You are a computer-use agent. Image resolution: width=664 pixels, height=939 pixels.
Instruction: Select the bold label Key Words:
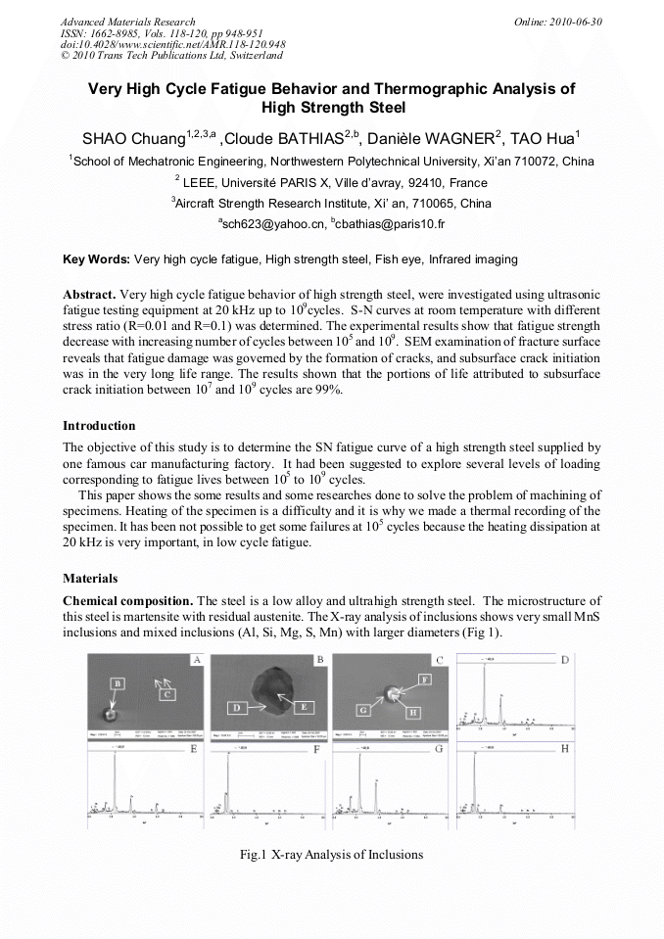tap(96, 259)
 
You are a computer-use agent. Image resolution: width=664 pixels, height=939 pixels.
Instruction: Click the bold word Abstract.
tap(89, 295)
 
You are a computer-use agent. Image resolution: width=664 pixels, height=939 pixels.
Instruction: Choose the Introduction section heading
tap(99, 426)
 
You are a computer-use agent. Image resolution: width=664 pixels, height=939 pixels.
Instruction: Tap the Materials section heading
tap(90, 579)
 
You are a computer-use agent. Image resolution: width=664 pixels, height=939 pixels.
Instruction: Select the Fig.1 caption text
tap(331, 855)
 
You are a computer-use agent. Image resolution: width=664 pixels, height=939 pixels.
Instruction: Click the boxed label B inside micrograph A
tap(117, 681)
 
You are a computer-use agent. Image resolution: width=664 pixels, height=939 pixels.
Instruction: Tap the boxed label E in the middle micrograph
tap(305, 706)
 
